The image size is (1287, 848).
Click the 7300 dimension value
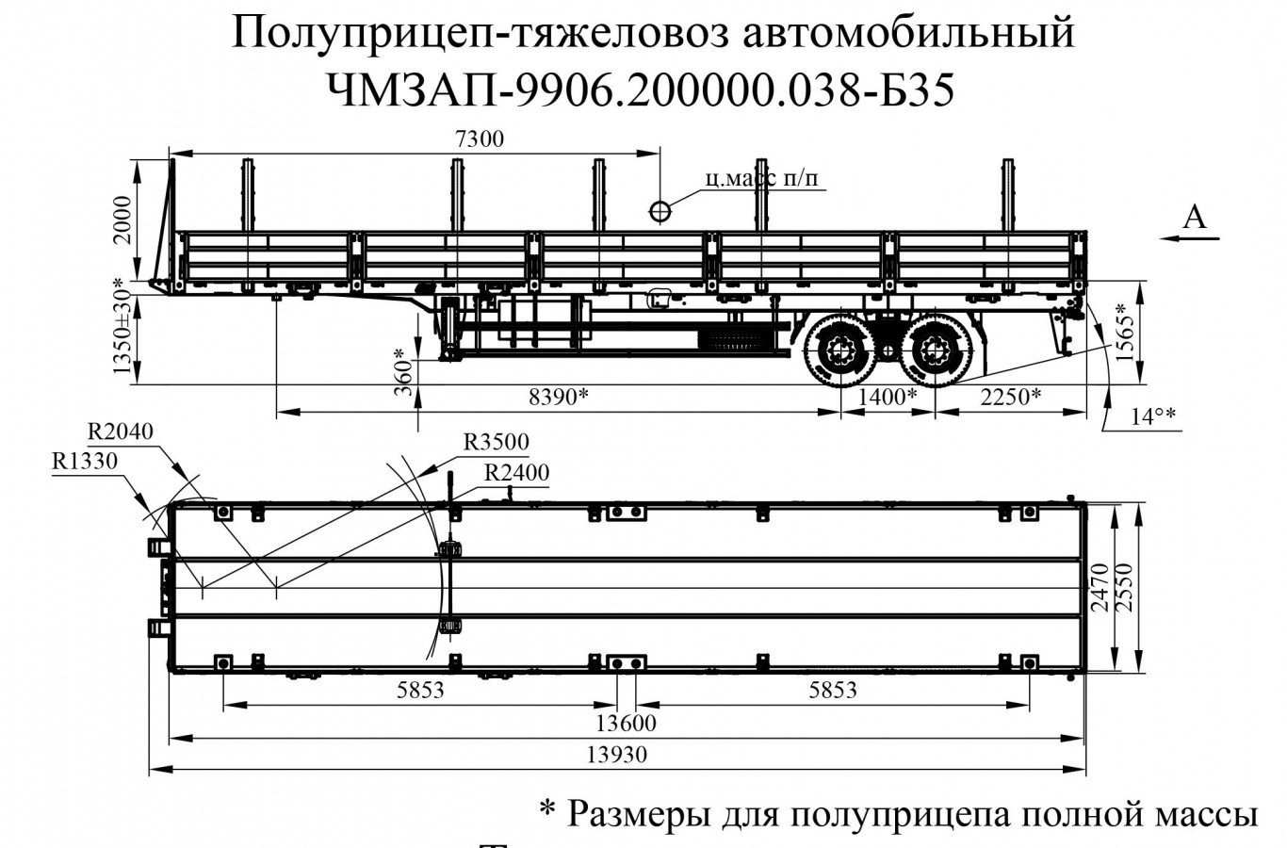[x=480, y=139]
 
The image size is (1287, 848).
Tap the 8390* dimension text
[x=558, y=398]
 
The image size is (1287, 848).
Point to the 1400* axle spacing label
[x=887, y=398]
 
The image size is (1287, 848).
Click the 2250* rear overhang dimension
[x=1011, y=398]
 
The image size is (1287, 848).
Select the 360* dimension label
[x=403, y=371]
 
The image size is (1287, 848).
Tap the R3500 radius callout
[x=497, y=442]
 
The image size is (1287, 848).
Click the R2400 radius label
[x=516, y=472]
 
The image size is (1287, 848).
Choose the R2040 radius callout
[x=121, y=432]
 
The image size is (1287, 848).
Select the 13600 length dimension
[x=627, y=724]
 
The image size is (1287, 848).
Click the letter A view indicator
[x=1194, y=218]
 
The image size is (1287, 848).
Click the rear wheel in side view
[x=934, y=353]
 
